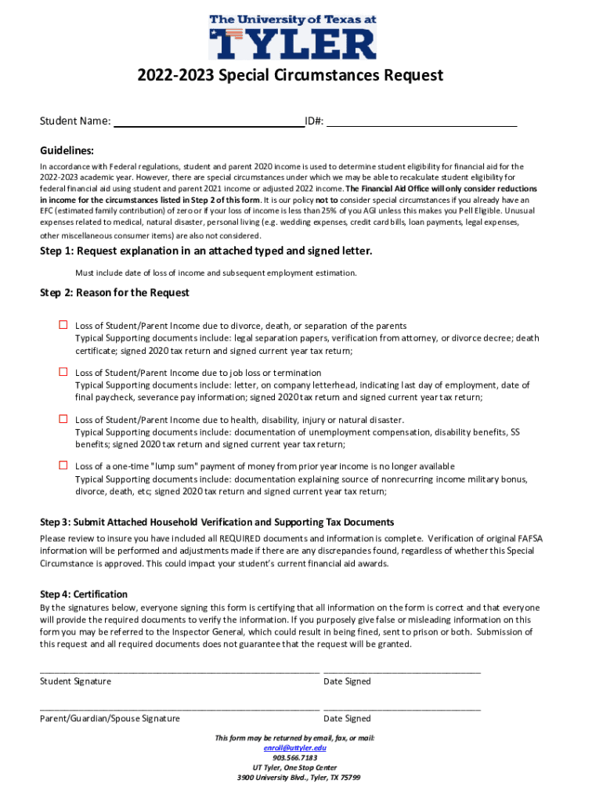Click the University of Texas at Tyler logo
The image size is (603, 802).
click(x=292, y=36)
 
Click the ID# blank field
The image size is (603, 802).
click(x=421, y=121)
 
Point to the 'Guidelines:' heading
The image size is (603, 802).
click(x=67, y=150)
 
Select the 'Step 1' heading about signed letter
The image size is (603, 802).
click(x=206, y=251)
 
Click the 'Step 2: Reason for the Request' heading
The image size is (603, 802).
click(x=114, y=293)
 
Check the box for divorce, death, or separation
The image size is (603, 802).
click(x=63, y=325)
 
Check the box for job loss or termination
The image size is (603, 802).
click(x=63, y=372)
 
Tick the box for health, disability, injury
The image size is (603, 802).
click(x=63, y=419)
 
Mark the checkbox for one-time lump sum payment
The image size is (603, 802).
click(x=63, y=465)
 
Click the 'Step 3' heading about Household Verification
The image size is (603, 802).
click(x=217, y=522)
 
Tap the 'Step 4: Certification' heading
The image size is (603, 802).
click(x=84, y=594)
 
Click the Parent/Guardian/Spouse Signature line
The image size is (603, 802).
click(x=179, y=707)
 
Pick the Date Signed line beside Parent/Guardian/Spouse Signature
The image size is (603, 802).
click(x=402, y=707)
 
